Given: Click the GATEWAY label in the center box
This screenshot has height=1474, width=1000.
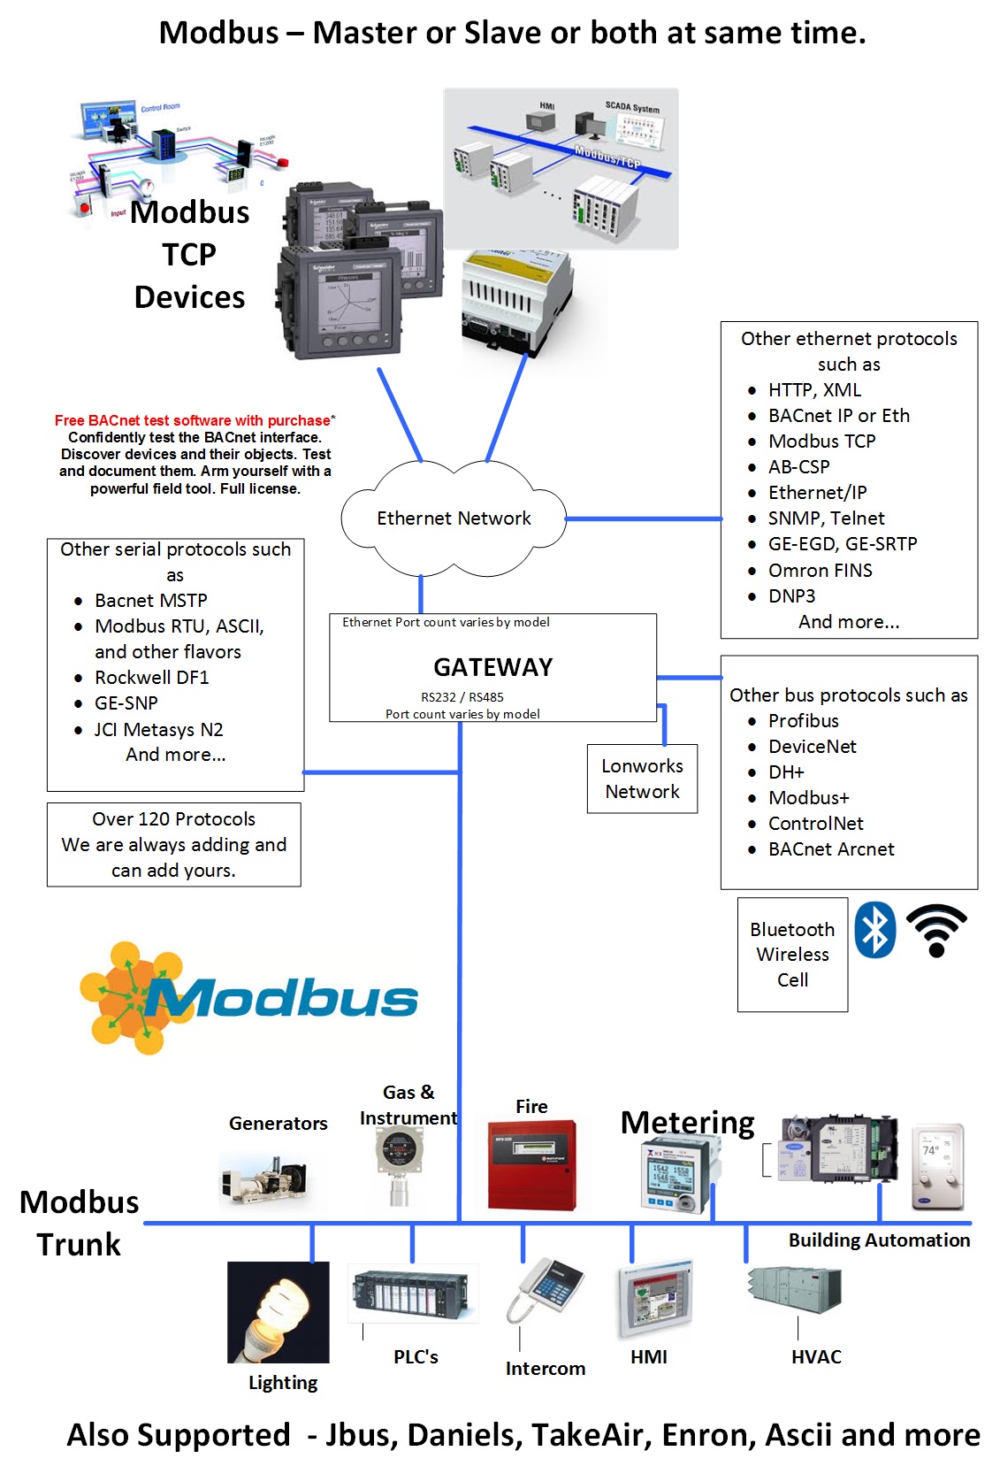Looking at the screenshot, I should coord(492,667).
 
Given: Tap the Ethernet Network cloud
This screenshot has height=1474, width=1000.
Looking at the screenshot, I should coord(454,518).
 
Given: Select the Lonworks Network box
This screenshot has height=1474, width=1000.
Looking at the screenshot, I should coord(642,779).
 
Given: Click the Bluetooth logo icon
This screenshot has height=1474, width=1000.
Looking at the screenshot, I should coord(874,930).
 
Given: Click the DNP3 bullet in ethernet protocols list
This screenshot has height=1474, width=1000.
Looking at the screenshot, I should coord(790,596).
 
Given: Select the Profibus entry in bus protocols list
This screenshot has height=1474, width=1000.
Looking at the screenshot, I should coord(803,721).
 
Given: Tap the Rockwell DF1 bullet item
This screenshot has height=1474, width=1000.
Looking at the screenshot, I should coord(151,678).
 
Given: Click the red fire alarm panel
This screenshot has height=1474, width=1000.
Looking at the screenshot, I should coord(531,1164).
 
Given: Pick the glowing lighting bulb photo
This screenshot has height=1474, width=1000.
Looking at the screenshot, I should coord(278,1312).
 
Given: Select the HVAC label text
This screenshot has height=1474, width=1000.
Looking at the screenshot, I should coord(815,1357).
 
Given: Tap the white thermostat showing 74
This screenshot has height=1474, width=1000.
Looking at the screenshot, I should coord(937,1167).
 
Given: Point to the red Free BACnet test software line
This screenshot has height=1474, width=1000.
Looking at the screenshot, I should coord(193,421).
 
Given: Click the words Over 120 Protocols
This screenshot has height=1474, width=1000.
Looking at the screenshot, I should coord(173,819).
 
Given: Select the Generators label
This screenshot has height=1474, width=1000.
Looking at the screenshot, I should coord(278,1124).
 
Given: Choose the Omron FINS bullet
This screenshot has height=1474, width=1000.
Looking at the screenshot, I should coord(820,571).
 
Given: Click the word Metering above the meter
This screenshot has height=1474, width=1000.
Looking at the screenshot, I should coord(687,1123).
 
